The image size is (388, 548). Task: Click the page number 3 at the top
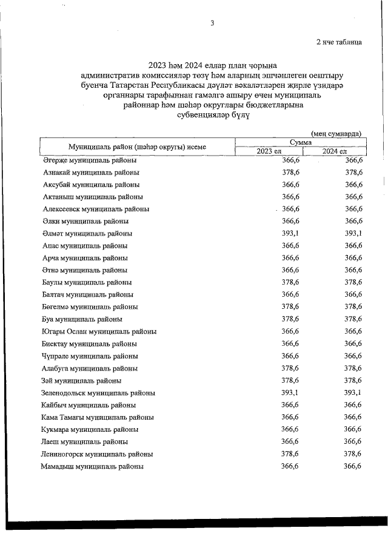[x=212, y=23]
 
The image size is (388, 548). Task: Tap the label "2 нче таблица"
[x=339, y=42]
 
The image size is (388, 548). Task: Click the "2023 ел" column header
[x=269, y=151]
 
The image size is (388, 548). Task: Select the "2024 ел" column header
[x=335, y=151]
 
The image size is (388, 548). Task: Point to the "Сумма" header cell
[x=301, y=142]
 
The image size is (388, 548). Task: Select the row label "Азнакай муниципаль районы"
[x=91, y=172]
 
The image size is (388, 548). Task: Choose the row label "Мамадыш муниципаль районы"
[x=92, y=466]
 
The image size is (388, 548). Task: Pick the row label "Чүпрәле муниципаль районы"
[x=90, y=356]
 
